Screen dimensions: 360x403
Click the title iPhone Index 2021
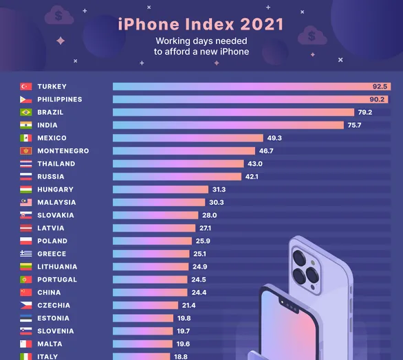coord(201,24)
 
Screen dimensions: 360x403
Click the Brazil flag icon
coord(25,113)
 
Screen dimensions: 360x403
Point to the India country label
coord(47,125)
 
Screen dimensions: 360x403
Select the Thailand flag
coord(25,164)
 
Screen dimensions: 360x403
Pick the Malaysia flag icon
coord(25,203)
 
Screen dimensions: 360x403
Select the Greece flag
coord(25,254)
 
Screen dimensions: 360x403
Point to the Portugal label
coord(57,280)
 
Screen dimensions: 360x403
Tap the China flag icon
coord(25,293)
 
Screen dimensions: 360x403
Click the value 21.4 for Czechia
coord(189,305)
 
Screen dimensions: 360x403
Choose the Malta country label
coord(50,344)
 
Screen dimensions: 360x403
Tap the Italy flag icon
coord(25,356)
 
